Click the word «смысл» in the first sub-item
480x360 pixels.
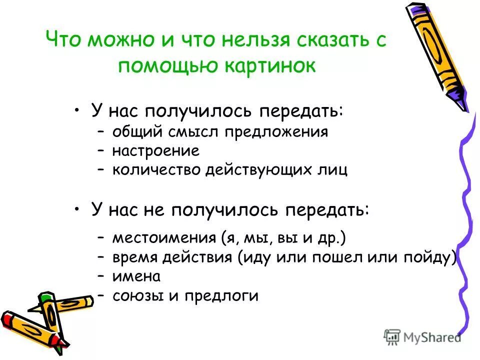(x=195, y=132)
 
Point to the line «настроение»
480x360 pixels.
(x=155, y=151)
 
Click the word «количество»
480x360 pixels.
(x=156, y=170)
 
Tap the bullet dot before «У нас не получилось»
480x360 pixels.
(x=77, y=209)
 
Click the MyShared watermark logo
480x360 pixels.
(x=422, y=336)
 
